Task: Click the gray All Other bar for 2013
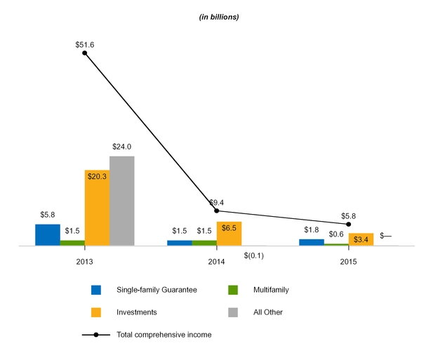121,201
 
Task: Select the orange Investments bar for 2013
97,208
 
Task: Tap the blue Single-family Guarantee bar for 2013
48,235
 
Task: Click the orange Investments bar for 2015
361,239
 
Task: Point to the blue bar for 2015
312,243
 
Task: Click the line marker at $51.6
84,53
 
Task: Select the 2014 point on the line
216,211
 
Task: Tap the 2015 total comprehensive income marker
349,224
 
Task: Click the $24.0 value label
122,147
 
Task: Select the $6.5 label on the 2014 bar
229,228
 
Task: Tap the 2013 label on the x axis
84,262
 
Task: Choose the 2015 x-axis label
349,262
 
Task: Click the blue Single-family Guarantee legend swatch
96,290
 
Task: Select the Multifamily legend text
270,290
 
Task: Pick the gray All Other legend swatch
236,312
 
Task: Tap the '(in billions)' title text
219,17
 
